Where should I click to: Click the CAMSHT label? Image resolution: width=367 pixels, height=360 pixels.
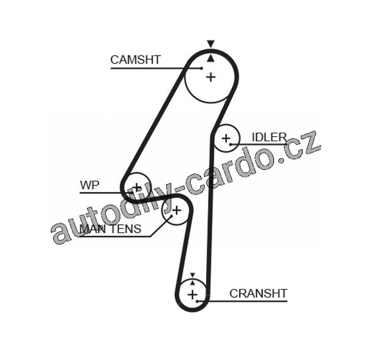pyautogui.click(x=135, y=59)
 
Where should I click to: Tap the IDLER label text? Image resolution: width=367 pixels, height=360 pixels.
pyautogui.click(x=269, y=137)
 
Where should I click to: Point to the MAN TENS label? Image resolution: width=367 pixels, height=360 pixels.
pyautogui.click(x=110, y=229)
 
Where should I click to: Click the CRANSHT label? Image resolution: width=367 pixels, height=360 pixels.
pyautogui.click(x=258, y=294)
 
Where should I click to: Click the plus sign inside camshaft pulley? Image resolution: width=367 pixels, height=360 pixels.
pyautogui.click(x=211, y=77)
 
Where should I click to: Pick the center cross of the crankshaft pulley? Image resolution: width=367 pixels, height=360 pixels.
pyautogui.click(x=193, y=295)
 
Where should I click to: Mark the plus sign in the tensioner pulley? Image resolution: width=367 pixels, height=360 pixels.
pyautogui.click(x=176, y=211)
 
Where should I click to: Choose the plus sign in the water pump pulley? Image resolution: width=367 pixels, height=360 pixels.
pyautogui.click(x=136, y=186)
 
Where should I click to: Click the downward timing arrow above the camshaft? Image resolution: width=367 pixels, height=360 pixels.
pyautogui.click(x=210, y=44)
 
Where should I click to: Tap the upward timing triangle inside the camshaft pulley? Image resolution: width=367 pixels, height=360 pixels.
pyautogui.click(x=210, y=57)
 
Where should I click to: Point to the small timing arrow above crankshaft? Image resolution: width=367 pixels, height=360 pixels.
pyautogui.click(x=193, y=276)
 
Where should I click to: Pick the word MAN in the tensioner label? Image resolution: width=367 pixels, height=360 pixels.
pyautogui.click(x=92, y=229)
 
